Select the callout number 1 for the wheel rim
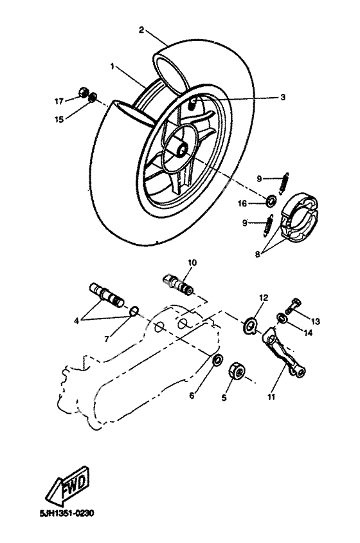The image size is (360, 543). (112, 66)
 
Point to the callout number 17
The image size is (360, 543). (59, 101)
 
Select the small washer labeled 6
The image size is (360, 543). (217, 358)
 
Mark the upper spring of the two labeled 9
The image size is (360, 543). (287, 179)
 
